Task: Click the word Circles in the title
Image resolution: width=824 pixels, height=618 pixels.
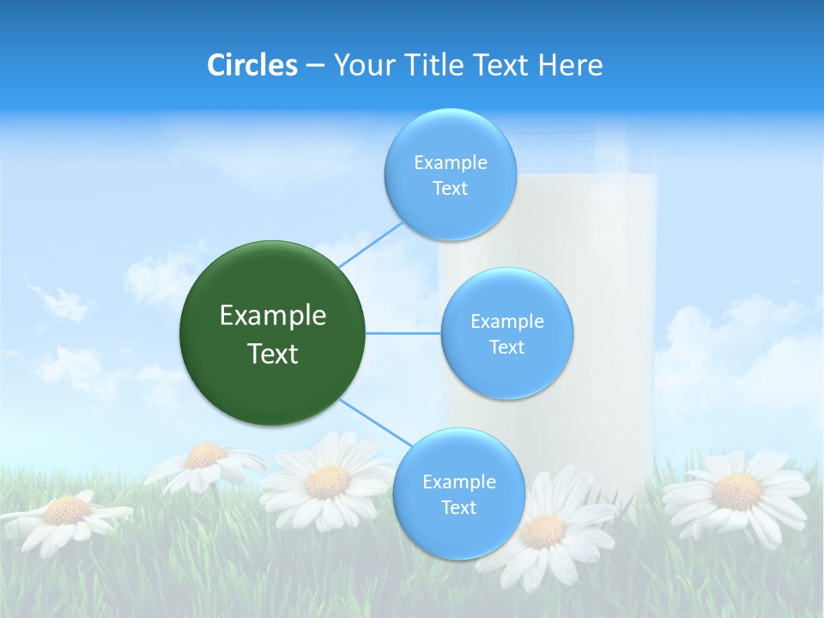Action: (252, 65)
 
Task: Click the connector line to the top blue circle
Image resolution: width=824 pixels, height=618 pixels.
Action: (371, 244)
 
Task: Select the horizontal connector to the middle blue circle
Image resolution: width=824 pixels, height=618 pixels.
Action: (403, 333)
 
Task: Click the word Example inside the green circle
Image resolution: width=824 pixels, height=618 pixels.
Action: (273, 316)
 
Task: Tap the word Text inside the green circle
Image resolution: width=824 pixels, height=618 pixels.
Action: (273, 354)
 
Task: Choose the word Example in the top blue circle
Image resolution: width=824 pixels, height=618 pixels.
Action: (451, 162)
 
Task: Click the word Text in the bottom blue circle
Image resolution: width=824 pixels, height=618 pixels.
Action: (458, 507)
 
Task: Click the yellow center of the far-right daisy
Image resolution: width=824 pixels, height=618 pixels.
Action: (737, 492)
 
